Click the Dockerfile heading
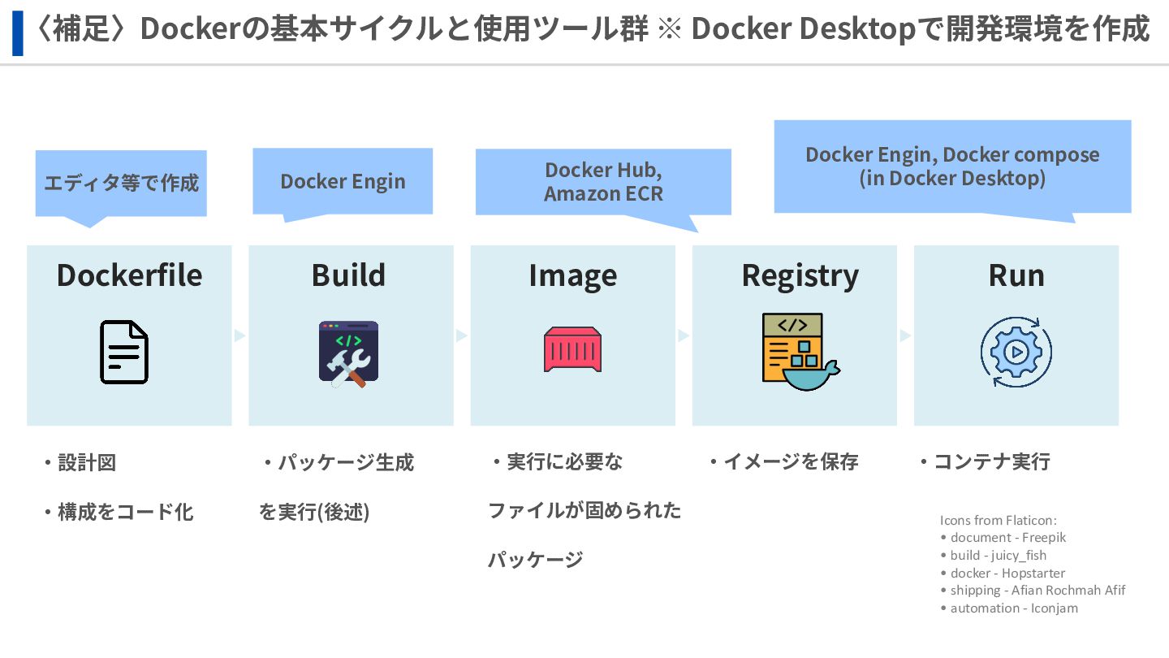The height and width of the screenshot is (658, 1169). (129, 275)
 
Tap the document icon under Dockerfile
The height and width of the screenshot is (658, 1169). (124, 352)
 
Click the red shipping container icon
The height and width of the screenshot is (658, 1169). (572, 349)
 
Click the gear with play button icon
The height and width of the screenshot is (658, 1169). (1016, 352)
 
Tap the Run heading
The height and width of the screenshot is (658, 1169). (1016, 275)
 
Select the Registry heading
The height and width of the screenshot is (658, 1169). (800, 275)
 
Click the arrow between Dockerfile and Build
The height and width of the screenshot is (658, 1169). (239, 335)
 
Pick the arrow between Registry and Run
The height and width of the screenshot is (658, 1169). (905, 335)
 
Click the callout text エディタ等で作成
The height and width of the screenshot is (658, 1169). (121, 182)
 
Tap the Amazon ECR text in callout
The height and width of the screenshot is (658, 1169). (603, 194)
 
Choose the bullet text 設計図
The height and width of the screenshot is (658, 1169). (86, 463)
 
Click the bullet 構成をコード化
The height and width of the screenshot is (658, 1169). (125, 512)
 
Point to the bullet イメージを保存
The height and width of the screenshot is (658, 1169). (790, 462)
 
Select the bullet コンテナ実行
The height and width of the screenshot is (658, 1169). (991, 462)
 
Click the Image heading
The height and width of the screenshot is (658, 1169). (572, 275)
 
